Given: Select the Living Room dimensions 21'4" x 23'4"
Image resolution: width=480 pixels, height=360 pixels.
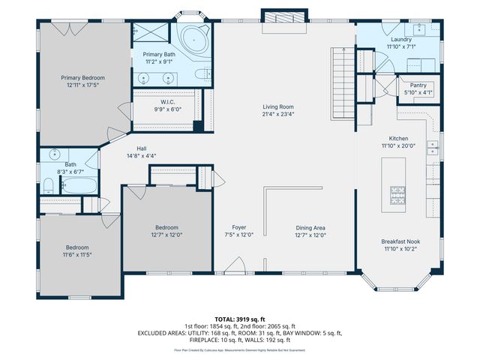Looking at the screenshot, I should point(277,115).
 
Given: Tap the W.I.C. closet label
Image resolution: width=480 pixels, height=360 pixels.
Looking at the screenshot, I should point(166,102).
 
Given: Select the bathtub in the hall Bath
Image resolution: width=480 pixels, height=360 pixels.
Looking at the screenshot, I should point(76,184).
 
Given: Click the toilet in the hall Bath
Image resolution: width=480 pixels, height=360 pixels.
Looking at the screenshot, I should point(47,185).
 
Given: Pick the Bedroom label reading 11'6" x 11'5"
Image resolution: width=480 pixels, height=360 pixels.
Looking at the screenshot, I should point(76,247).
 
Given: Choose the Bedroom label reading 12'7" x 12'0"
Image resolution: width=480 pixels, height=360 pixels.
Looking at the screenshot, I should point(166,227).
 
